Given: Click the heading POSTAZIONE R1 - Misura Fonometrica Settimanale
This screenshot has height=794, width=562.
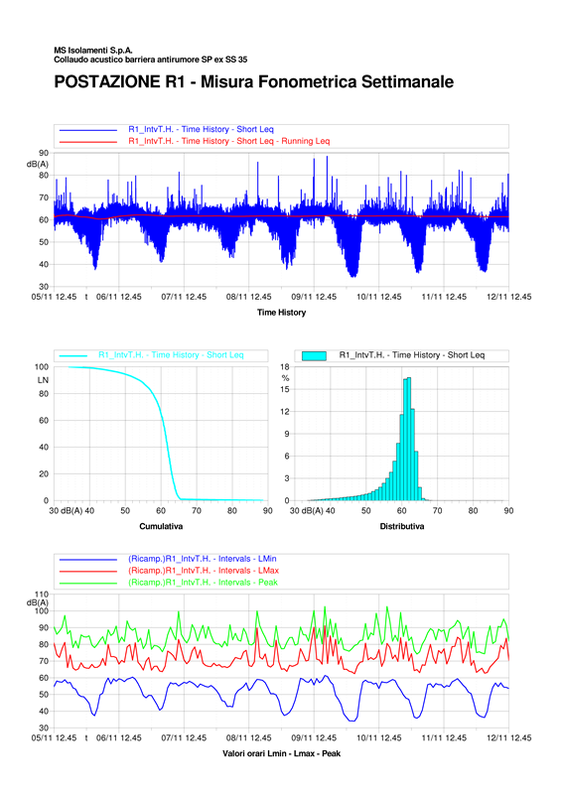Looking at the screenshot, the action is [254, 82].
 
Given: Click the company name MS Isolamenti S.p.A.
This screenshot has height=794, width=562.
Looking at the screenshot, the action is [93, 51].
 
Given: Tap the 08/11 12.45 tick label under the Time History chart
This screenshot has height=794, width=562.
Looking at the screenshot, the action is [249, 297].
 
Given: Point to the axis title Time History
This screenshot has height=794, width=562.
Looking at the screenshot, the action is [281, 313].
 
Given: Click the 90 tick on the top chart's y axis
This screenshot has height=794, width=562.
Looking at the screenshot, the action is [44, 153].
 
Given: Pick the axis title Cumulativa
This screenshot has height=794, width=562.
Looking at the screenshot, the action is [161, 527].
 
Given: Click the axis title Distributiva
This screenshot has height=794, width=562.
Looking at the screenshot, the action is [402, 527].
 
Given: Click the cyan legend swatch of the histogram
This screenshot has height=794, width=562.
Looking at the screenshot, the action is [314, 355].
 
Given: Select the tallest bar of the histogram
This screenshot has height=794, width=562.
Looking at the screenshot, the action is [409, 439].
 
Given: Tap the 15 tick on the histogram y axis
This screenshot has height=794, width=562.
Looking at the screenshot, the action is [285, 389].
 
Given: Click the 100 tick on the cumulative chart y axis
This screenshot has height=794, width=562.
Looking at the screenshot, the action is [42, 366].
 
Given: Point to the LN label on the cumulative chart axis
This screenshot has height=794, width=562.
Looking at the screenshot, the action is [43, 380].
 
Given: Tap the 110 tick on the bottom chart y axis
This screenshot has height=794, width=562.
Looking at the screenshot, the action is [42, 595].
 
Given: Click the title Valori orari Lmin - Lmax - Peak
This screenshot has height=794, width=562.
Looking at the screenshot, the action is [281, 753].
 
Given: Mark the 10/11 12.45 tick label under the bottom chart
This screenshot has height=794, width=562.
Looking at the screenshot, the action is [379, 737].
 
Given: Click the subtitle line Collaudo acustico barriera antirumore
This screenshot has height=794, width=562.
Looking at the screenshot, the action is [151, 60].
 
